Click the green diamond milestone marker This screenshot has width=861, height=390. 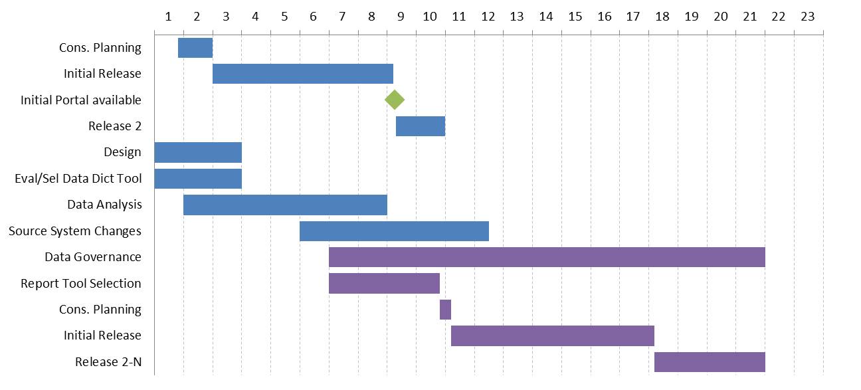click(395, 100)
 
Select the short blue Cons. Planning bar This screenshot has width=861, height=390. click(195, 48)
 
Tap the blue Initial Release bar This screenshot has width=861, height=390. click(303, 74)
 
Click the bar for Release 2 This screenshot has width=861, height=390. click(421, 126)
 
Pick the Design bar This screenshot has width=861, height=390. click(198, 152)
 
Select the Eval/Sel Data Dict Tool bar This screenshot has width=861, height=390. click(198, 179)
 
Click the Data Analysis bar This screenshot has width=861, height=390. click(285, 205)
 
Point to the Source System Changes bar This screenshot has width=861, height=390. click(394, 231)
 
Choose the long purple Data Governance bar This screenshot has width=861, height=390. click(547, 257)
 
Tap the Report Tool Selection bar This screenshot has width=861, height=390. click(384, 283)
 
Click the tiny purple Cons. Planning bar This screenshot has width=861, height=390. click(445, 310)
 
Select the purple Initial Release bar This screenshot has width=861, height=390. click(553, 336)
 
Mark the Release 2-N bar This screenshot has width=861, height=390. click(710, 362)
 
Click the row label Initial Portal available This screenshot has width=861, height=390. click(81, 100)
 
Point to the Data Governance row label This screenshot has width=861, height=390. click(93, 257)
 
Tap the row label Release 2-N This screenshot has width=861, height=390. click(108, 362)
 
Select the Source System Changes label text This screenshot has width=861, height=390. click(75, 231)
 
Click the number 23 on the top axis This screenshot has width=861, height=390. click(808, 17)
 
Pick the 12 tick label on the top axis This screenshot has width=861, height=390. click(488, 17)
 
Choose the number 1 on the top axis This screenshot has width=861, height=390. click(168, 17)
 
